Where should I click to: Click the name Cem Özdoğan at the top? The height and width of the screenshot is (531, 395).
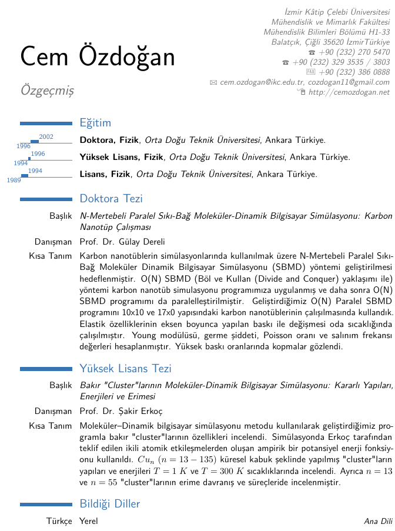[98, 56]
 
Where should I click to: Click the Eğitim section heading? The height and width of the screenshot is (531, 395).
[95, 123]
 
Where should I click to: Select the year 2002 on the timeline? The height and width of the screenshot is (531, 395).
[46, 137]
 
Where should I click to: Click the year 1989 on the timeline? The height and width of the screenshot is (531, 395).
[14, 180]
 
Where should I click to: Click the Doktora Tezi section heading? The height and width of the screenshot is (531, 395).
[111, 199]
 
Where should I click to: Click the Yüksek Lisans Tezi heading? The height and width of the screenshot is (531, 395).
[125, 369]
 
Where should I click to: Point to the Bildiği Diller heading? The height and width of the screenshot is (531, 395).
[110, 504]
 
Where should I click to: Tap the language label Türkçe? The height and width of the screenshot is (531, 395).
[59, 521]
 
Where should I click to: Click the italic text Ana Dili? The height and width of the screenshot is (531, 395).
[378, 521]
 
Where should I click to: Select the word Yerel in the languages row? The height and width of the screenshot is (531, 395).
[89, 521]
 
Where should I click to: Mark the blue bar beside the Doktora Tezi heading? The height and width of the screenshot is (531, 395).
[46, 199]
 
